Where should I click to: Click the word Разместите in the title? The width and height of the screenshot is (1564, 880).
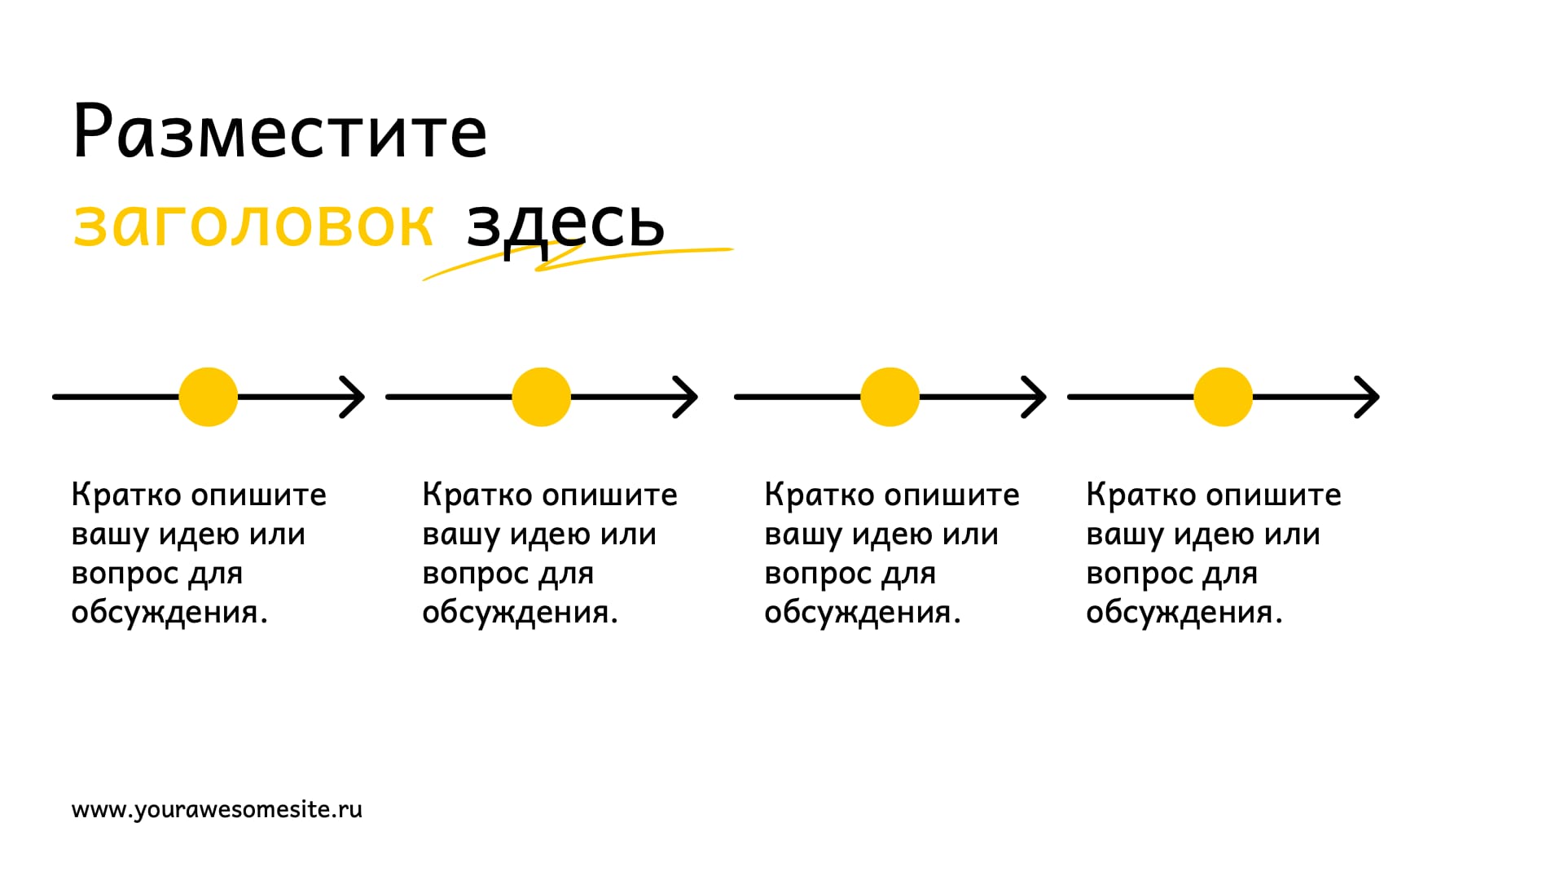point(280,132)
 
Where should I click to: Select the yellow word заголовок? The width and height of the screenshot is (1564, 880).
point(253,224)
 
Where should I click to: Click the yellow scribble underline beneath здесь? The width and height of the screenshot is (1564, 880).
point(578,262)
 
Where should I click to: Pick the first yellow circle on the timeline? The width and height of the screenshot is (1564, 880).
point(209,397)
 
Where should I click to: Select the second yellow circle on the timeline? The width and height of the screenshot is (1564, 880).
point(542,397)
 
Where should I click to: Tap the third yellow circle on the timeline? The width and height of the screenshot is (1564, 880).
point(890,397)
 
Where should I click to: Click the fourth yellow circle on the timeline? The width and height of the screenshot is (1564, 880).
point(1224,397)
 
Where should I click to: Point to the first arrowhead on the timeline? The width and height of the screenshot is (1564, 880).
point(353,397)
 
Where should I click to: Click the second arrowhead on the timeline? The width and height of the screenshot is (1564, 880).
point(686,397)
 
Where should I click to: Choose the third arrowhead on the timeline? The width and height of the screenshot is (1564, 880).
point(1035,397)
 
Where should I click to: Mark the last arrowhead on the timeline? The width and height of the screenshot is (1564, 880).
point(1368,397)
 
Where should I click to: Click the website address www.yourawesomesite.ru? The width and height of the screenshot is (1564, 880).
point(217,810)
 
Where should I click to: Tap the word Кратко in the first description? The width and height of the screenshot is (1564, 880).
point(126,495)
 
